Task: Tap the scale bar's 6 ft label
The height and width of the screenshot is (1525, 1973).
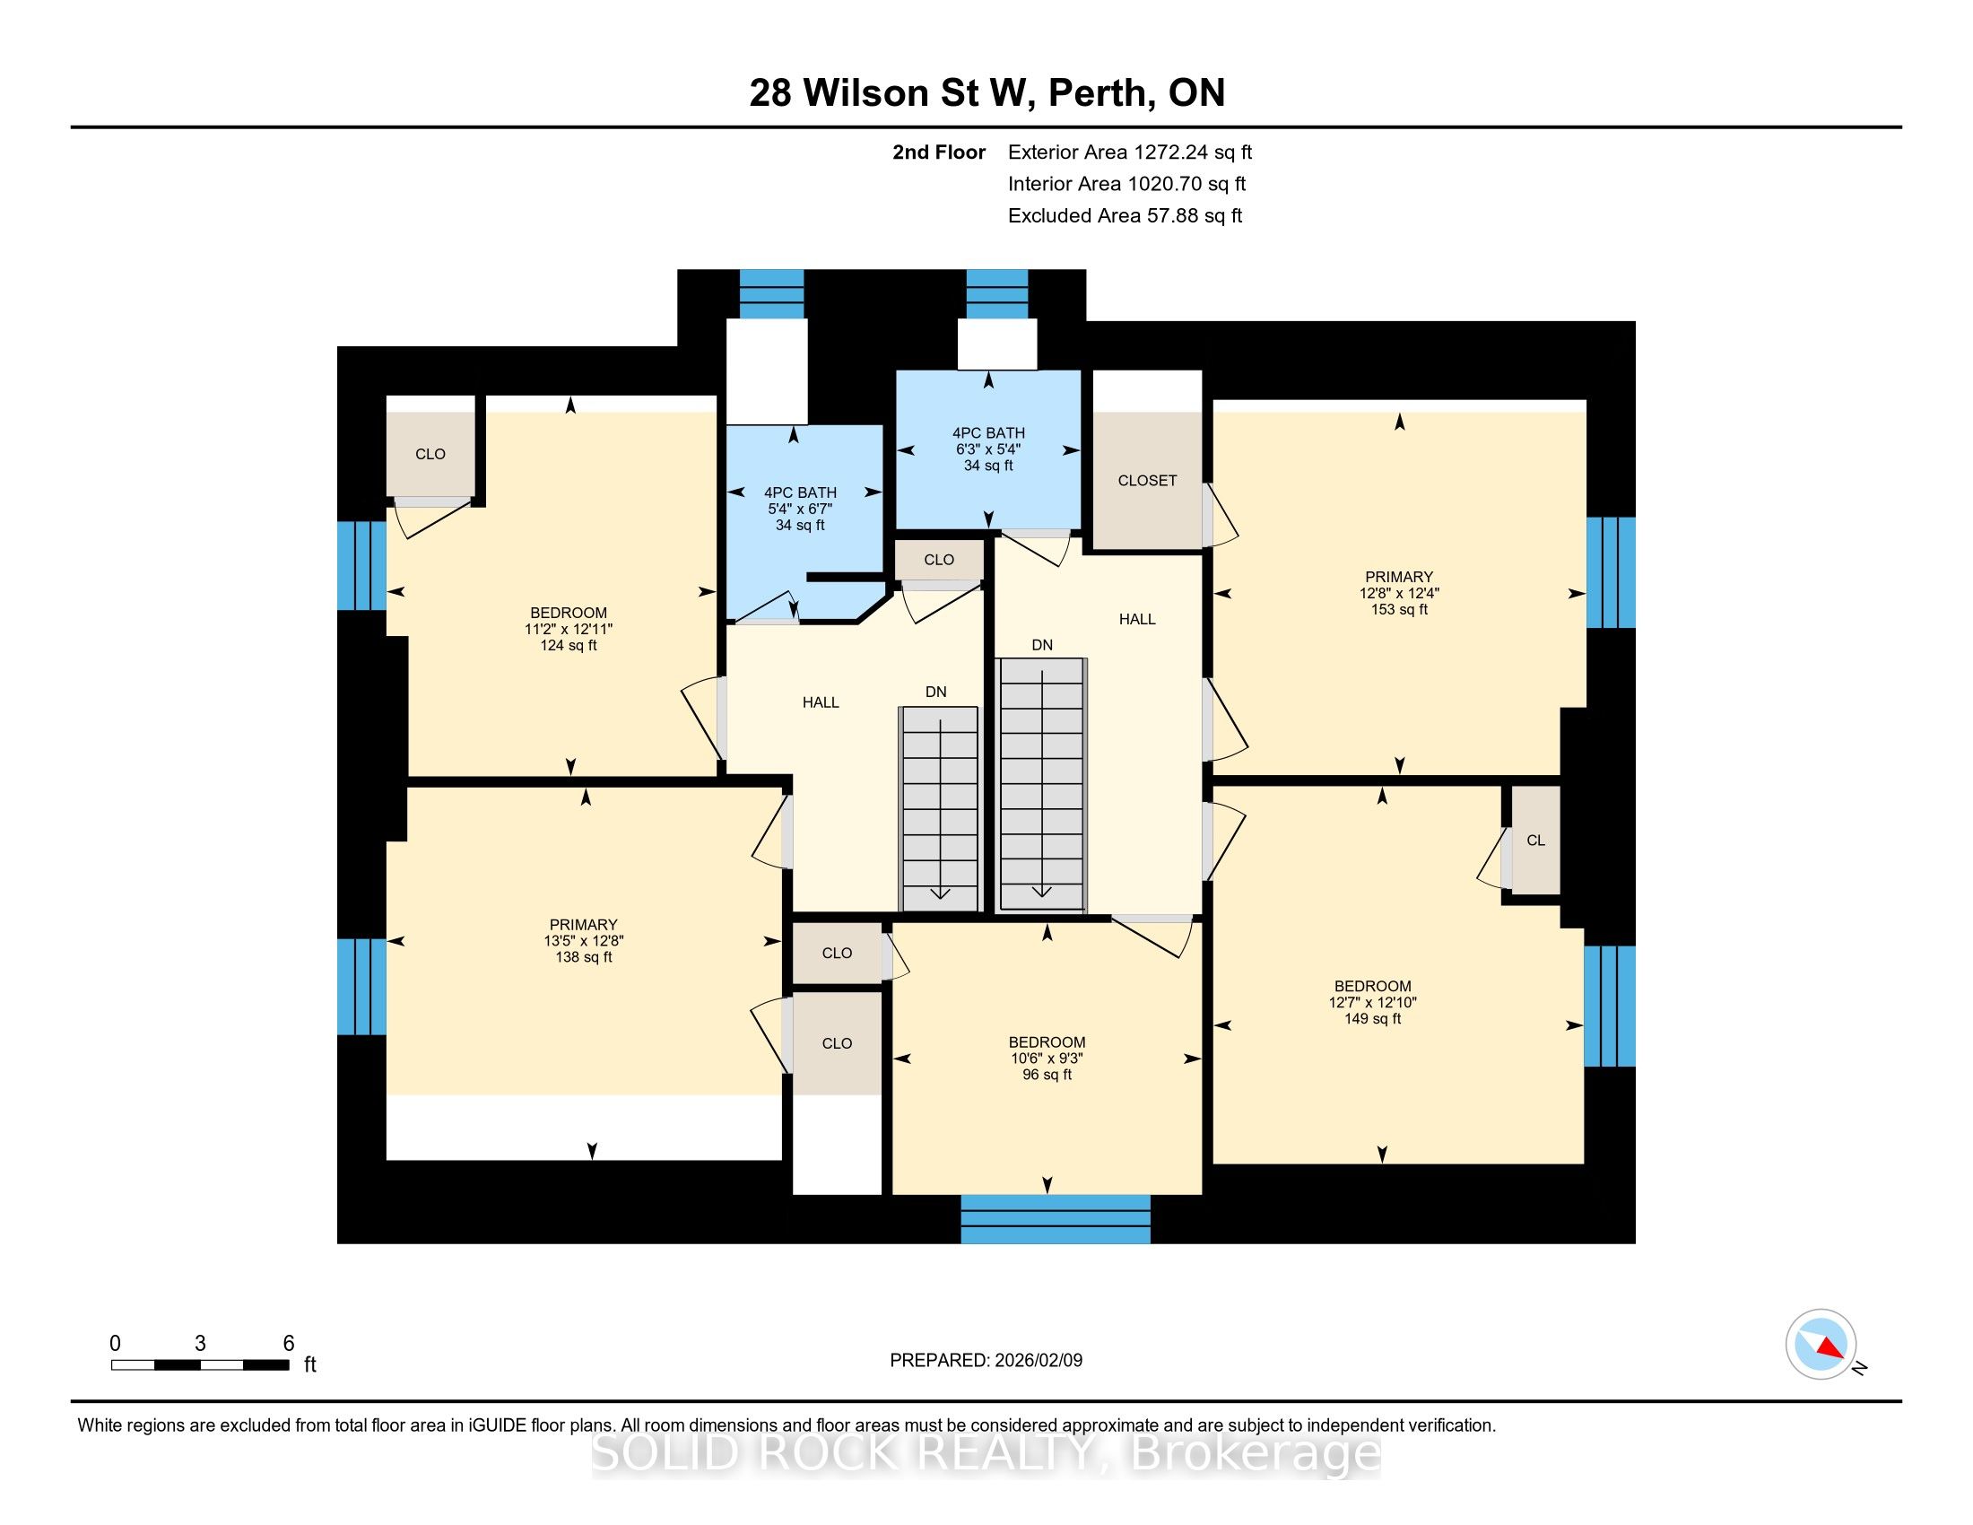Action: [289, 1344]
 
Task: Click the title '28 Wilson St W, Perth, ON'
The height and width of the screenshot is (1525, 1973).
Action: [986, 93]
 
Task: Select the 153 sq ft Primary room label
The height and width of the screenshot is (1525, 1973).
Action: [1399, 593]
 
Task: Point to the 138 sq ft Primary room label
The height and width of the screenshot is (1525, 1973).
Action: [584, 940]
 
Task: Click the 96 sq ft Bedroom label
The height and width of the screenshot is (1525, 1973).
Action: [1047, 1058]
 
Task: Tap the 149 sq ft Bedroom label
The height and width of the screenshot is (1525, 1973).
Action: [1373, 1002]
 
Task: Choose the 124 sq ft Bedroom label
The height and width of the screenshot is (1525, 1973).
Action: [569, 629]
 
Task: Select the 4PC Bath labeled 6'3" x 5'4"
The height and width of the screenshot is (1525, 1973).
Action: [988, 449]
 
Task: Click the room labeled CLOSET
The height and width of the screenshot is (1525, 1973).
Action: [1147, 481]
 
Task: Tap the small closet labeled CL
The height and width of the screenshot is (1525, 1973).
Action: [1535, 841]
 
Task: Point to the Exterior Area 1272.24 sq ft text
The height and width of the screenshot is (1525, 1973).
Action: [1130, 152]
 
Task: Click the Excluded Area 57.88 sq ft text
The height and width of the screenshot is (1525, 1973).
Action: [1126, 216]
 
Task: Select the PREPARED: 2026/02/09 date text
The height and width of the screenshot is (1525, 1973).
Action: [986, 1361]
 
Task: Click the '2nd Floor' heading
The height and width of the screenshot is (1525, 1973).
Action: [939, 152]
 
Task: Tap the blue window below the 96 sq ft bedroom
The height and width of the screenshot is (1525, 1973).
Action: [1056, 1219]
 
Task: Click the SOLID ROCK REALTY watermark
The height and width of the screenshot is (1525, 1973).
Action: [986, 1453]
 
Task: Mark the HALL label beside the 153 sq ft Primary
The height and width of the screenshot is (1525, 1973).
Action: [1137, 619]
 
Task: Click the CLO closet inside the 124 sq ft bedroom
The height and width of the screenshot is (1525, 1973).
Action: [430, 454]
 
